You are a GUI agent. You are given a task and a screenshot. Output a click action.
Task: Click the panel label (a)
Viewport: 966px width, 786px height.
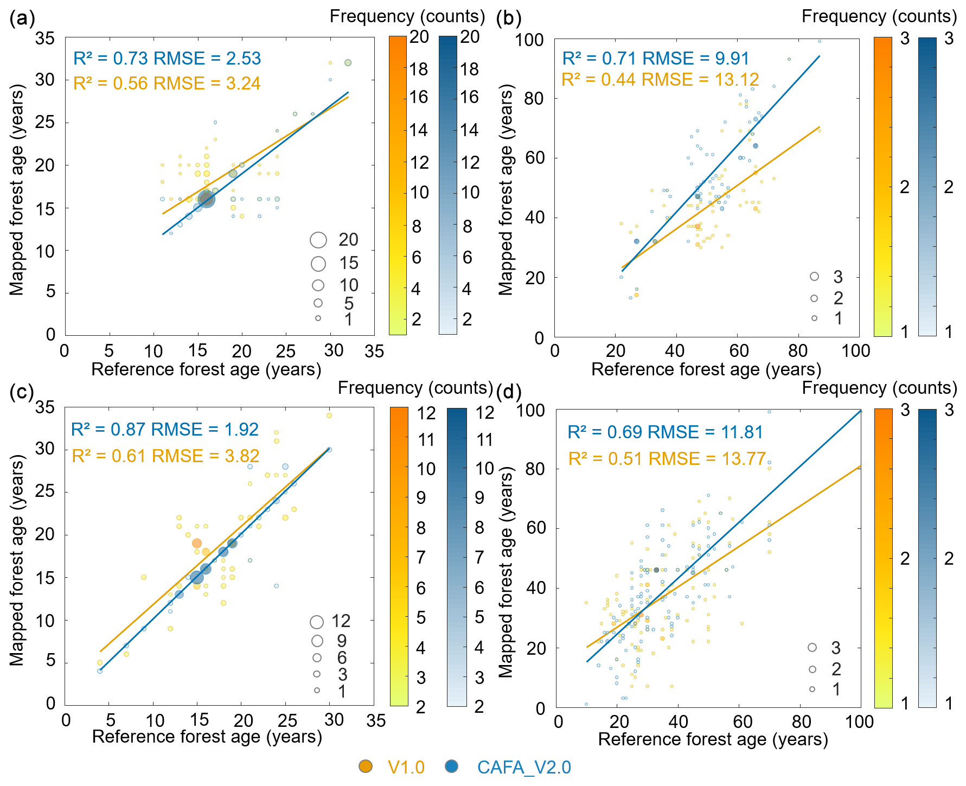click(22, 20)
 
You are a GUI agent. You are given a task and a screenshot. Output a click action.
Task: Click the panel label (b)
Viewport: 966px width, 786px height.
click(509, 20)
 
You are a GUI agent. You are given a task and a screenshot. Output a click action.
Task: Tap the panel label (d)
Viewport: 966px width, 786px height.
click(509, 392)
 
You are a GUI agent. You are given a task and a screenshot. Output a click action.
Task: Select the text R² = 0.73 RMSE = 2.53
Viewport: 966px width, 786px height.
click(167, 59)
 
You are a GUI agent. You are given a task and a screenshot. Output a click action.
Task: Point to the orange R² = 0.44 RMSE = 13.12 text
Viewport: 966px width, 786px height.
click(660, 80)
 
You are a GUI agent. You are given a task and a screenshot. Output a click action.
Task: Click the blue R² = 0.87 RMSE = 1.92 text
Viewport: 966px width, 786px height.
click(164, 430)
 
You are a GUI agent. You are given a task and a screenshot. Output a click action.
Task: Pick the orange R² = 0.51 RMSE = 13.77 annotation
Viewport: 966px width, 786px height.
click(667, 459)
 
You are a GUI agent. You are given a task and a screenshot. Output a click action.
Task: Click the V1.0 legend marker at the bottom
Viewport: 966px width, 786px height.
click(366, 766)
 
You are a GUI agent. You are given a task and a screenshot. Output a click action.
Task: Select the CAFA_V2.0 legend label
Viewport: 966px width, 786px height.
click(523, 768)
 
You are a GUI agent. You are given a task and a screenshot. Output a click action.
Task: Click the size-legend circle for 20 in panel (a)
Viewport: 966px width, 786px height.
click(318, 240)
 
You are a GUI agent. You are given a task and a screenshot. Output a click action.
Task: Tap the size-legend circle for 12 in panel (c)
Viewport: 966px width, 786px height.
click(317, 622)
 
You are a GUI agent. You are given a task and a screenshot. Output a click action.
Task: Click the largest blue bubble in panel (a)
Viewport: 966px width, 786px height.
click(206, 199)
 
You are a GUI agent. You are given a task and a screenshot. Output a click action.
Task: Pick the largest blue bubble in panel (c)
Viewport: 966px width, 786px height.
click(197, 578)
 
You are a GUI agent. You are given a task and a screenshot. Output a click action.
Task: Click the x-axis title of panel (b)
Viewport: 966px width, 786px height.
click(706, 369)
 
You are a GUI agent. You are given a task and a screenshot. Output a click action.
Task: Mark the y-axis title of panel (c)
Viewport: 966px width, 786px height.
click(17, 560)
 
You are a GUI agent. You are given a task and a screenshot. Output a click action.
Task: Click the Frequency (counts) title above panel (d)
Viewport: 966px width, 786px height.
click(879, 388)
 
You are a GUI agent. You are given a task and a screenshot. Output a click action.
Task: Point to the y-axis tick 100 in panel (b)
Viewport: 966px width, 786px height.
click(529, 40)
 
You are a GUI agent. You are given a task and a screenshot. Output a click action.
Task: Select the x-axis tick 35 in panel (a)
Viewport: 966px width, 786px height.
click(374, 352)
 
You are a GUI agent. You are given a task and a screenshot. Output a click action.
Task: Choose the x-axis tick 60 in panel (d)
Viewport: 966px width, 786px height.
click(742, 722)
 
